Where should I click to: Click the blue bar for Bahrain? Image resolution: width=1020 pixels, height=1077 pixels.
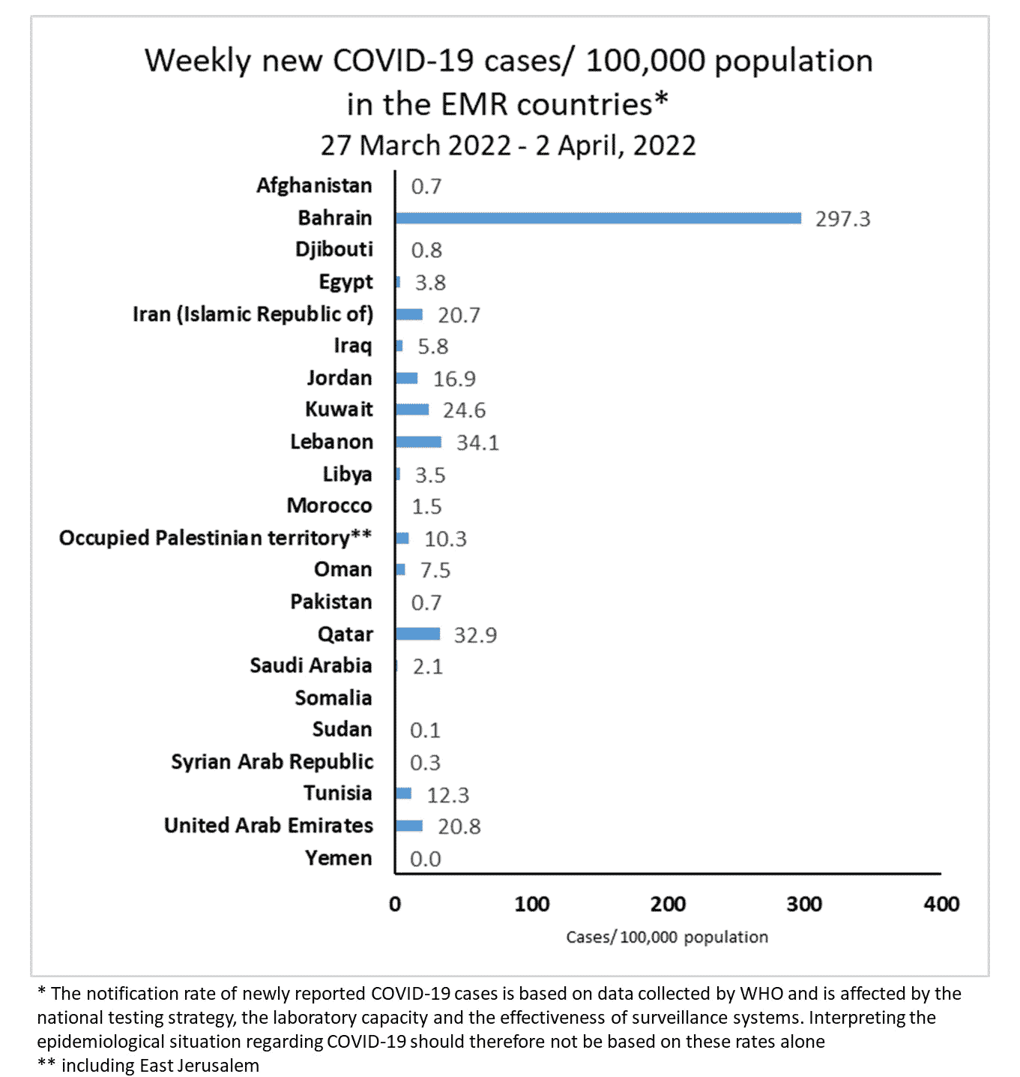(x=598, y=218)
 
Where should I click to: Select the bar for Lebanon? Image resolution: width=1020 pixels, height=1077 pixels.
(x=419, y=442)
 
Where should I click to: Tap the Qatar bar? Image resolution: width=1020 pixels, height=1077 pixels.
(x=418, y=634)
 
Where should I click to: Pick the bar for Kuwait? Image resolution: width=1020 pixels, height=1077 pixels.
(x=412, y=409)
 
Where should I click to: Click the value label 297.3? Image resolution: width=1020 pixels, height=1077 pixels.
(x=842, y=219)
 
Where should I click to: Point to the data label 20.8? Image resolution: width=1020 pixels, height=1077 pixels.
(x=459, y=826)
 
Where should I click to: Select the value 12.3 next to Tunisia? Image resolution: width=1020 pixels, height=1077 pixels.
(x=448, y=795)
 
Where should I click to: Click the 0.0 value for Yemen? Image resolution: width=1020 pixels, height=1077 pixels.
(x=425, y=859)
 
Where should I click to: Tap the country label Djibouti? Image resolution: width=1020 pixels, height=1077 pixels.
(x=334, y=250)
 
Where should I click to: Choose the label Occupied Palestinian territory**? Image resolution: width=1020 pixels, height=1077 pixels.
(x=215, y=538)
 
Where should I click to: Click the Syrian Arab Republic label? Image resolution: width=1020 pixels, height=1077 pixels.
(x=272, y=761)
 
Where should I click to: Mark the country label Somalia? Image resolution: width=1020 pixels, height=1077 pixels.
(x=333, y=697)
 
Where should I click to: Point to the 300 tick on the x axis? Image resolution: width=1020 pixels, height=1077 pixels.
(x=804, y=904)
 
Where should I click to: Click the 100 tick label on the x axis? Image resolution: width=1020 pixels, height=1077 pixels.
(x=531, y=904)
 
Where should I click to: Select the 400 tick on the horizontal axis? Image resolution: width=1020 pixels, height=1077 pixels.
(x=941, y=904)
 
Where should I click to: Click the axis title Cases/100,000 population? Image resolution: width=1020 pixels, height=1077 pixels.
(x=667, y=937)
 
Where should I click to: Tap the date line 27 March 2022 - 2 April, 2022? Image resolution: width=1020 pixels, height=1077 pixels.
(x=508, y=145)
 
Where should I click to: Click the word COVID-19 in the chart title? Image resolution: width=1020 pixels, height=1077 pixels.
(x=403, y=61)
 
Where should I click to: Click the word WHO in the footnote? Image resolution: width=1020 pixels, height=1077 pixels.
(x=761, y=994)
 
